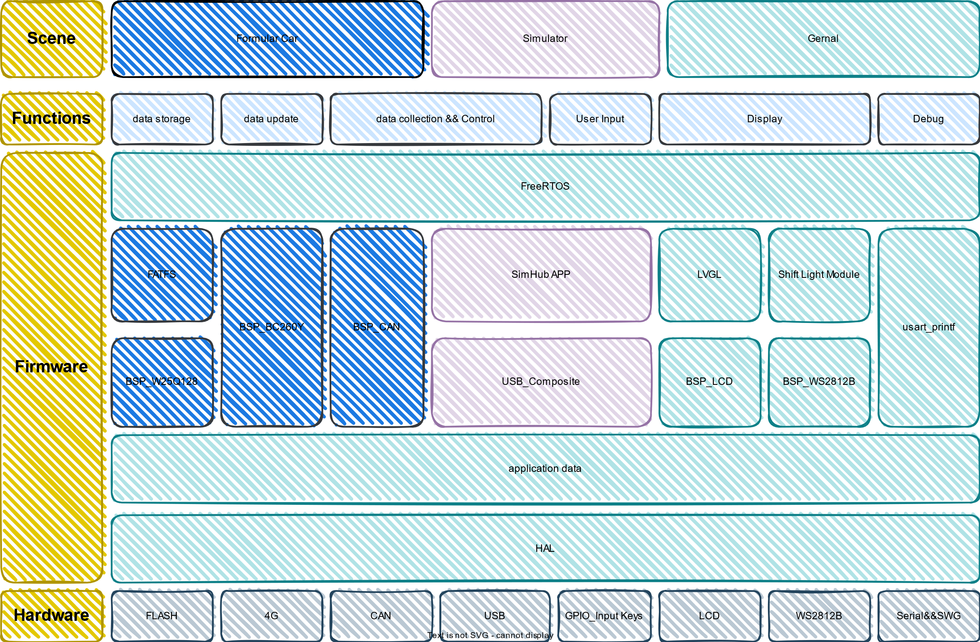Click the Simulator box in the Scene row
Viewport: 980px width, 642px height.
545,39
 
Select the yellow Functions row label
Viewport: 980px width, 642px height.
51,119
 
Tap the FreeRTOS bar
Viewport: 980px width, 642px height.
545,186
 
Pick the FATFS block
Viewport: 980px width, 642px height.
162,274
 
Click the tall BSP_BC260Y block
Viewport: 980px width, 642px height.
271,327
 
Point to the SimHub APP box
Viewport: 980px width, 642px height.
541,274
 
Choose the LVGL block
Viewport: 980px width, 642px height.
709,274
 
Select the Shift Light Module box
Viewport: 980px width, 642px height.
818,274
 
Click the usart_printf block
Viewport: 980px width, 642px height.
929,327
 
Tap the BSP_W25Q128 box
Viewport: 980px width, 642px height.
162,381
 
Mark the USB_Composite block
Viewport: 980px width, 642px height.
541,381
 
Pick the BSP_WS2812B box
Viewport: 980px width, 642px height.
818,381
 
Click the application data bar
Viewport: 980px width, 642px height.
545,469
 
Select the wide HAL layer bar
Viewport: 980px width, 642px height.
545,548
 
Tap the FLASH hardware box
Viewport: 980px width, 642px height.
162,616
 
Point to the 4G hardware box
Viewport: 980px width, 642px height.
271,616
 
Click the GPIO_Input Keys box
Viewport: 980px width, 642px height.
604,616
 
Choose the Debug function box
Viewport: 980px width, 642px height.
928,119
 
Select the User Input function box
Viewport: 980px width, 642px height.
601,119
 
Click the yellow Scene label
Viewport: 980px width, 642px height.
51,39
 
